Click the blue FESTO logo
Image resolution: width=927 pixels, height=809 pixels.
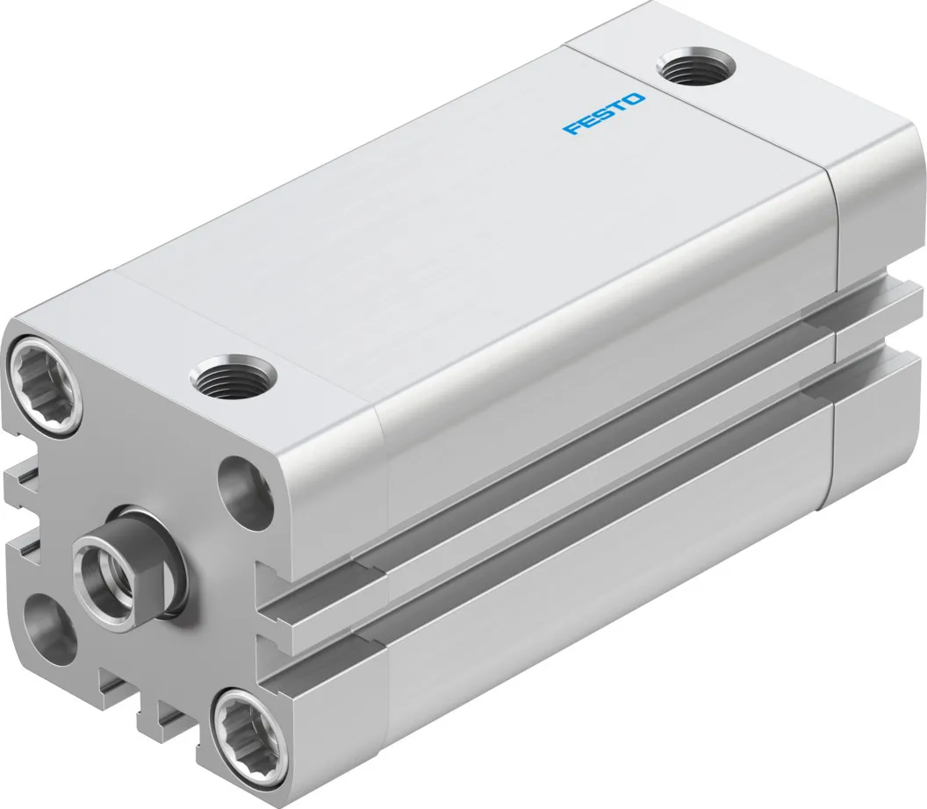[x=604, y=114]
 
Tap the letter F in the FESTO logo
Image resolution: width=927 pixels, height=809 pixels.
[x=572, y=130]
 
